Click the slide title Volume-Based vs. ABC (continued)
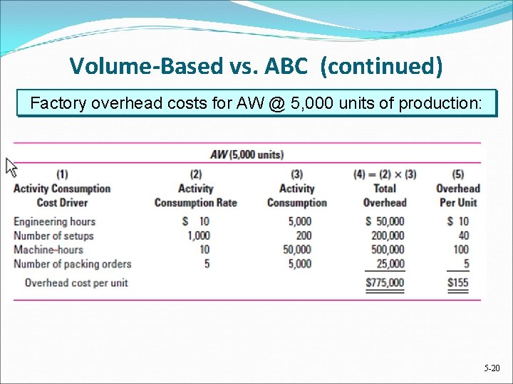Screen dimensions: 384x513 click(256, 66)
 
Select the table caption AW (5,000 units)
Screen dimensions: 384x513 click(247, 154)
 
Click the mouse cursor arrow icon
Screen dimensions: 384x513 click(11, 167)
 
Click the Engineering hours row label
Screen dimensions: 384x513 click(54, 221)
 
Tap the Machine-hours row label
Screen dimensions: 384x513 click(48, 250)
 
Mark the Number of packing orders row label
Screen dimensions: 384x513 click(72, 264)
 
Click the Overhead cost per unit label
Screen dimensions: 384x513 click(76, 282)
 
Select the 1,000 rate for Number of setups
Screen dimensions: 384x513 click(198, 235)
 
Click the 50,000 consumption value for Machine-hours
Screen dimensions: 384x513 click(296, 250)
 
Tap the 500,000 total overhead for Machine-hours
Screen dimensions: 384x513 click(386, 250)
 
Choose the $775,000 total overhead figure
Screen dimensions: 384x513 click(385, 282)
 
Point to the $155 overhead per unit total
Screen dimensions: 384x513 click(458, 282)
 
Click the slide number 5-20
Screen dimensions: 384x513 click(492, 368)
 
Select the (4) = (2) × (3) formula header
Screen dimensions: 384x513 click(384, 174)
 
